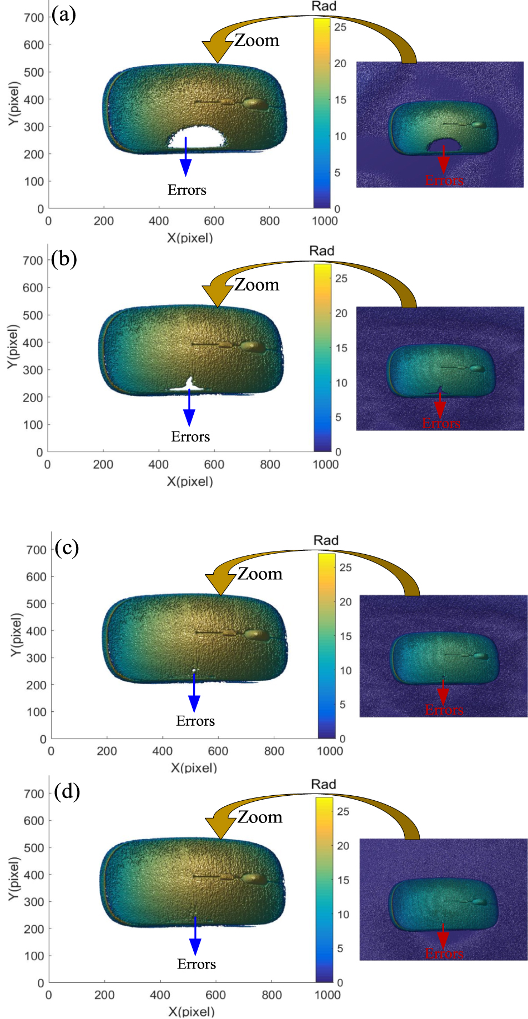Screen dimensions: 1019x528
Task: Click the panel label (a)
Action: [x=64, y=15]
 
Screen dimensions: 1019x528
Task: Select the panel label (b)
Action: [x=64, y=259]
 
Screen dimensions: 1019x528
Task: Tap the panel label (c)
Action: [x=67, y=548]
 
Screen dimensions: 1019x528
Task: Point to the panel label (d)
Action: [x=67, y=791]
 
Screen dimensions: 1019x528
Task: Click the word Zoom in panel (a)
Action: [x=257, y=41]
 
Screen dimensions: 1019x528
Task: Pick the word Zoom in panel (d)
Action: [x=260, y=817]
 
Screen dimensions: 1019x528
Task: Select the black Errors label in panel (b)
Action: [x=190, y=437]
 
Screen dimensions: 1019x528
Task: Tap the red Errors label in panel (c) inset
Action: [x=444, y=710]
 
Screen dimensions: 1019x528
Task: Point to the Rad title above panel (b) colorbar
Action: [x=322, y=251]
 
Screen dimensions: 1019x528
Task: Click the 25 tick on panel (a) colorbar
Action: [x=340, y=27]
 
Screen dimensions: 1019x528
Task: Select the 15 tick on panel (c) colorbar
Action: [x=345, y=636]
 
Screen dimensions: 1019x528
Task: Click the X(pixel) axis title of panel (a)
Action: [x=190, y=238]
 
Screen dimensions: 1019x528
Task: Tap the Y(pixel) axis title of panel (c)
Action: [x=16, y=635]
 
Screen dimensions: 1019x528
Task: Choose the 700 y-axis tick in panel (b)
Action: [x=33, y=260]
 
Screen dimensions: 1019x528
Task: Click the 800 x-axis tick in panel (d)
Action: [x=271, y=995]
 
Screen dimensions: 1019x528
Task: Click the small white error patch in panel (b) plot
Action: [x=189, y=385]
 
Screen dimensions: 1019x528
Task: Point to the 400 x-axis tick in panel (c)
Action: [x=162, y=751]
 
